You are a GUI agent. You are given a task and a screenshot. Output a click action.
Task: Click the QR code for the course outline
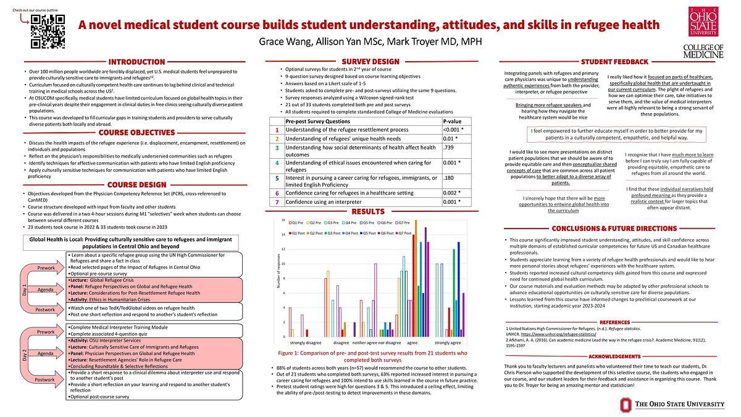click(48, 31)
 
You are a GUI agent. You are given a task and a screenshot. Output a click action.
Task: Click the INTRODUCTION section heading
click(136, 62)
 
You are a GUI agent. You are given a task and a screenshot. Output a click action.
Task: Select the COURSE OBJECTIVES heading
click(136, 132)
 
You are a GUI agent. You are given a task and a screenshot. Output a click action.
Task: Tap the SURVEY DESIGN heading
click(371, 61)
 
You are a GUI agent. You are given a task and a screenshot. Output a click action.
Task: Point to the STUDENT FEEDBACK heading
click(614, 62)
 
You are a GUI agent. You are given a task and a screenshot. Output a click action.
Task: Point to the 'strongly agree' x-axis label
click(447, 342)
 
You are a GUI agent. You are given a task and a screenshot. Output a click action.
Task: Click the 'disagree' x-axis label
click(341, 342)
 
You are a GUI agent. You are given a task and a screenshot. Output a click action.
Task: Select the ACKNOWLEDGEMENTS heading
click(614, 356)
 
